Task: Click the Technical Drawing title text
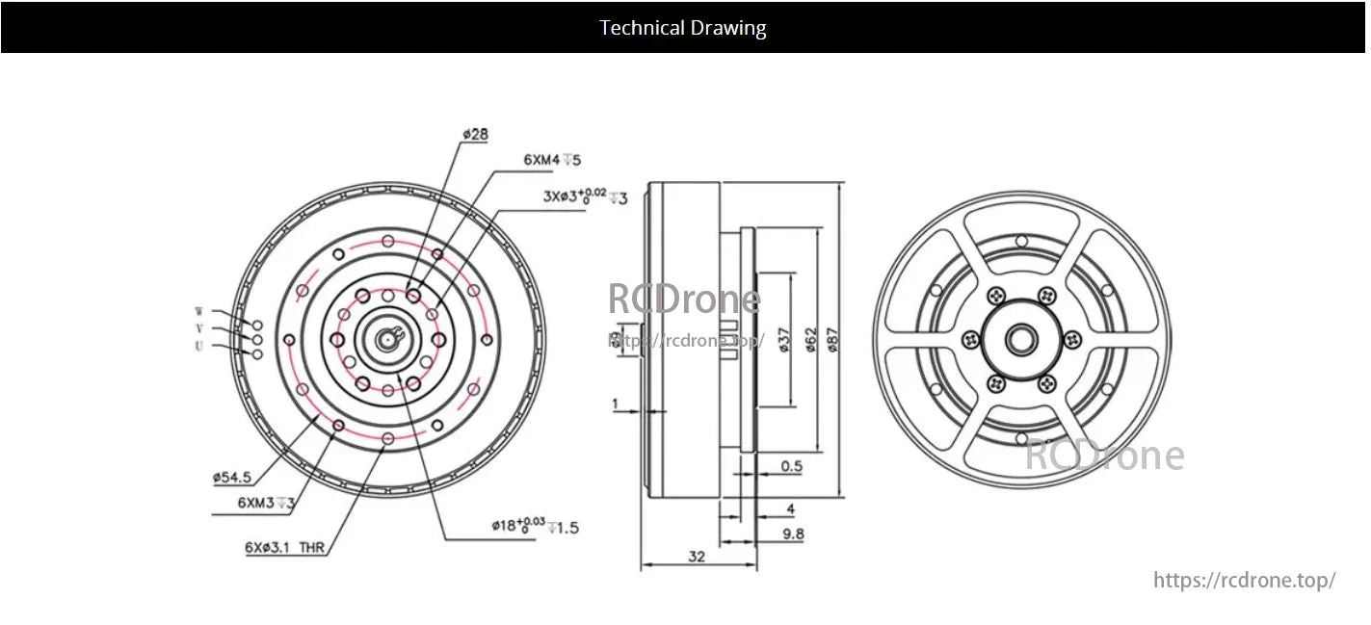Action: [x=682, y=28]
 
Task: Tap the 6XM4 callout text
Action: [x=552, y=160]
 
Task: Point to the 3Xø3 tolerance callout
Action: [x=585, y=196]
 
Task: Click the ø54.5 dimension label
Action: [x=232, y=476]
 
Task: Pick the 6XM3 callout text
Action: [x=266, y=503]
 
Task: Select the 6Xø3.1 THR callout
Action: [x=284, y=547]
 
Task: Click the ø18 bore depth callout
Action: [x=535, y=526]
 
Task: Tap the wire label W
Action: [x=199, y=312]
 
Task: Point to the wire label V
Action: [x=199, y=329]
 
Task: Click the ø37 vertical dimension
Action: [x=784, y=340]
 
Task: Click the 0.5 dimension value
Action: [x=791, y=466]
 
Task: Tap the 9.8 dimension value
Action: [x=793, y=533]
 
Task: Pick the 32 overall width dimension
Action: [x=698, y=557]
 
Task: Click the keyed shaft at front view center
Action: [x=387, y=337]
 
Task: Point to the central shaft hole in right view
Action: [x=1021, y=339]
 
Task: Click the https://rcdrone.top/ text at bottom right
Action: [x=1244, y=580]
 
